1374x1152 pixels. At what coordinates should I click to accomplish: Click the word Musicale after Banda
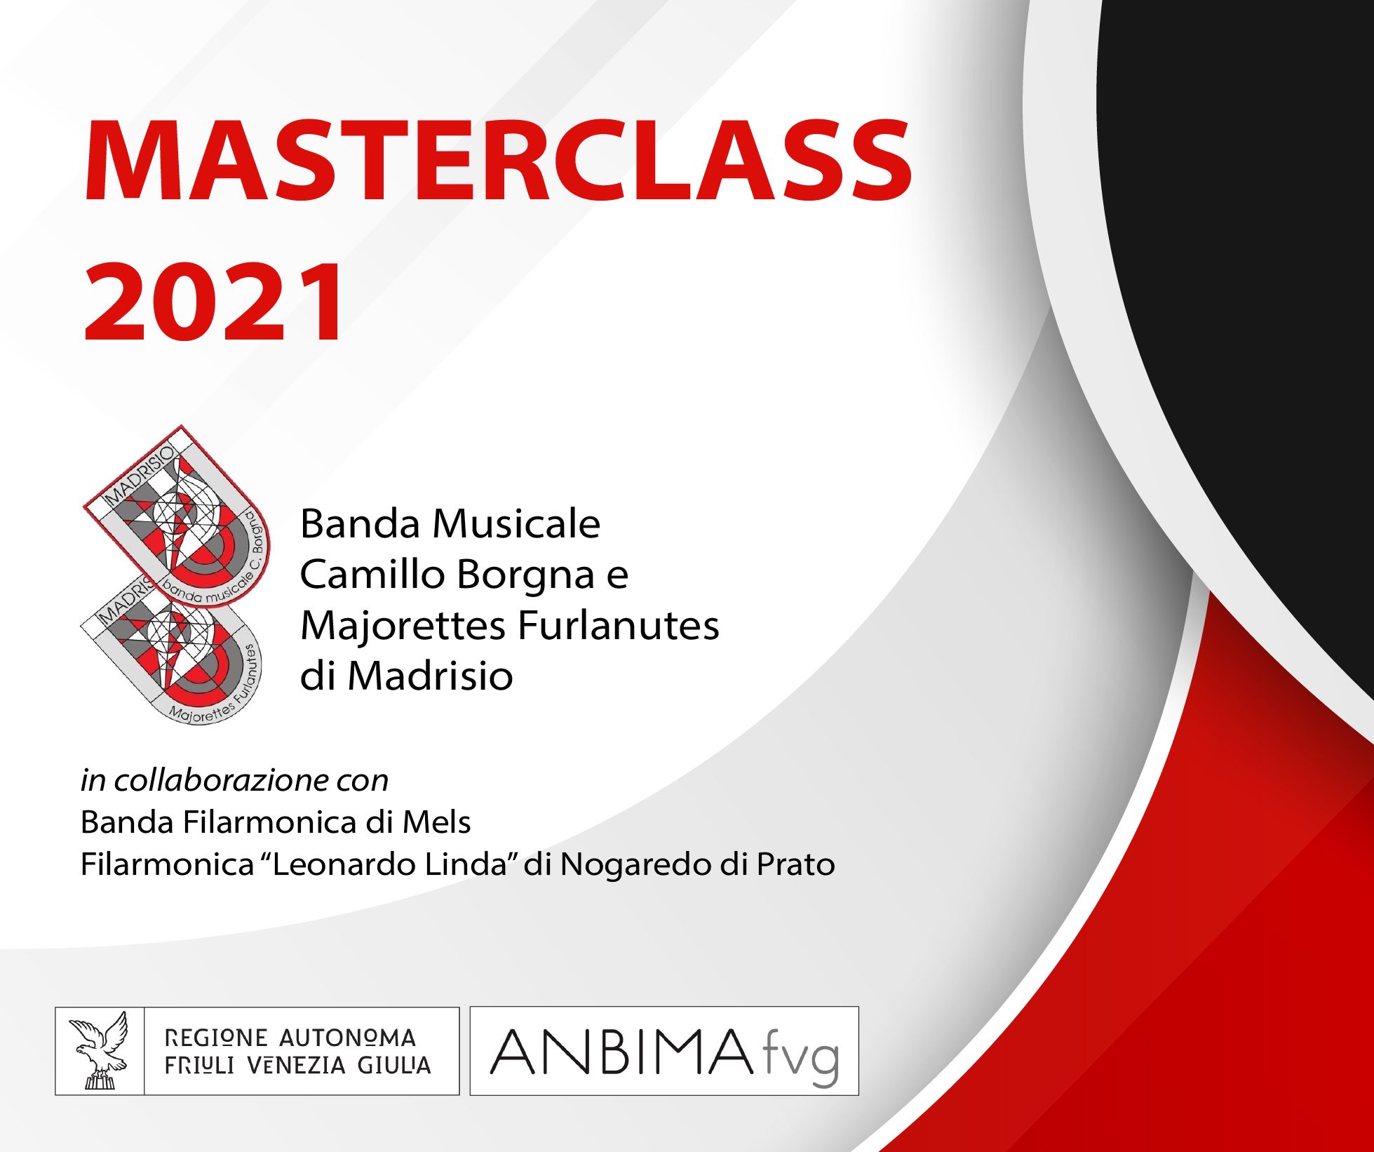516,523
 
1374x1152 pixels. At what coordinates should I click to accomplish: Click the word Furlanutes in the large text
618,625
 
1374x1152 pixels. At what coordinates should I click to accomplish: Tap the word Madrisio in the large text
430,676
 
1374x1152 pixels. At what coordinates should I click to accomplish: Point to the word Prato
795,864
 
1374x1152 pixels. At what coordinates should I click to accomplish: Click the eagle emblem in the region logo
99,1050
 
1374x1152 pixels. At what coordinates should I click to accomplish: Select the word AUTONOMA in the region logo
348,1038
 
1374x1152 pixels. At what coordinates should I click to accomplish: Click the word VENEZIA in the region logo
297,1065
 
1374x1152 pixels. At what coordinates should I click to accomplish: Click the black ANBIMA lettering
621,1052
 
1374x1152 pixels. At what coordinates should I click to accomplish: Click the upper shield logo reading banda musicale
177,516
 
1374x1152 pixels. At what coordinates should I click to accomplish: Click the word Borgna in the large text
526,575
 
